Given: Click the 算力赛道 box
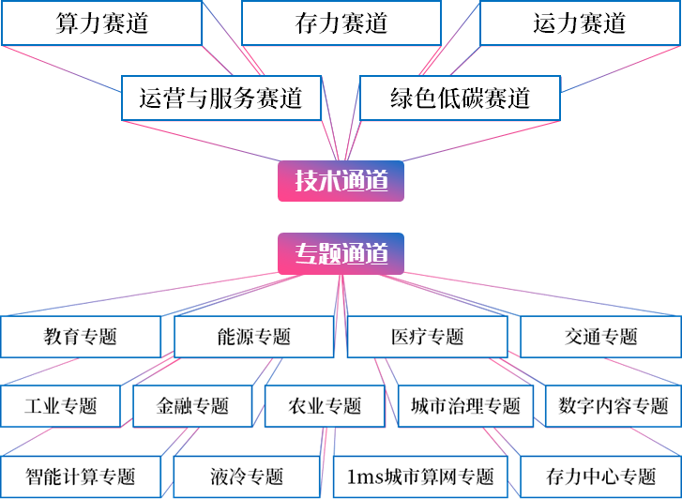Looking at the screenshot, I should coord(101,23).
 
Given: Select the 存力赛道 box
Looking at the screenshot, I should coord(341,23).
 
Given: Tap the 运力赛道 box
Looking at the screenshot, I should coord(580,23).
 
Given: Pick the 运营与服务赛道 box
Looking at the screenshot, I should coord(220,98).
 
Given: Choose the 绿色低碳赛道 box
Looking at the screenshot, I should coord(461,98).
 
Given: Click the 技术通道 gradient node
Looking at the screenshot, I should coord(341,181).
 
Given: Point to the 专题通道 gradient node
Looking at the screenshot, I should coord(341,253).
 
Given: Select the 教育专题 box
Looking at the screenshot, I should coord(80,337).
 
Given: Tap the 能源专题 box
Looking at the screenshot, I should coord(253,337).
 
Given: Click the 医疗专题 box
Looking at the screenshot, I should coord(427,337).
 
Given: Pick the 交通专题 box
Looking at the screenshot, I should coord(600,337).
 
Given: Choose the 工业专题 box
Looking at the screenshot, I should coord(61,406).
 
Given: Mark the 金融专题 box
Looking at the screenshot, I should coord(192,406).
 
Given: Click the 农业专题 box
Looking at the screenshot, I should coord(325,406).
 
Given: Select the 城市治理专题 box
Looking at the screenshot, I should coord(465,406).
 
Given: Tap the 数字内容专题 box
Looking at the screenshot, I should coord(613,406).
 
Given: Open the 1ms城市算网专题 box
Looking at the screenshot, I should coord(419,476).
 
